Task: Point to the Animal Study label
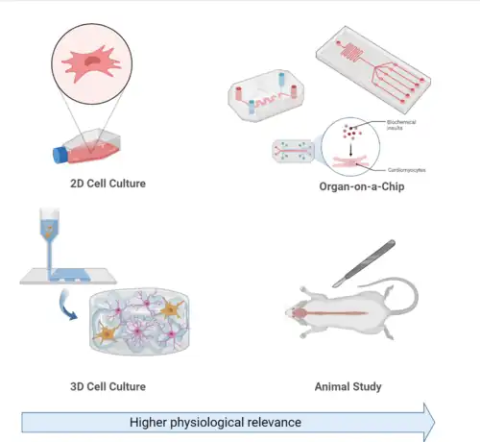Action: coord(348,386)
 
